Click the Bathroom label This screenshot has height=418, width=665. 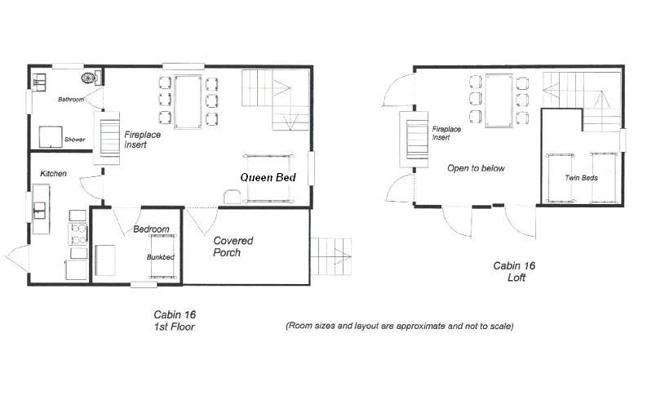71,100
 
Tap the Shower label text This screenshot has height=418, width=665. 74,139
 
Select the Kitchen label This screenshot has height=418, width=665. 53,173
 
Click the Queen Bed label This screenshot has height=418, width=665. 268,177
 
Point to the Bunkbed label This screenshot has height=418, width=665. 160,256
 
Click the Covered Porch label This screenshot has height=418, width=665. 233,247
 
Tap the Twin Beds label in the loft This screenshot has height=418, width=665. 581,177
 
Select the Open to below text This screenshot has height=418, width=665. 476,168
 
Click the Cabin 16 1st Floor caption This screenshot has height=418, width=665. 175,320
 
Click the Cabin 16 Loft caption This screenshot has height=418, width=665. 514,272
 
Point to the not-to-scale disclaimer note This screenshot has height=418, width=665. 400,326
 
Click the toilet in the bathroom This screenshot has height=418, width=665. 91,78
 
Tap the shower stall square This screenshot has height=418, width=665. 51,136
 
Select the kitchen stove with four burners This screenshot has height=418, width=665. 78,233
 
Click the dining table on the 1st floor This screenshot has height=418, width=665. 188,101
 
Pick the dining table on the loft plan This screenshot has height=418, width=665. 499,100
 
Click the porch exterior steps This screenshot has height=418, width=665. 331,256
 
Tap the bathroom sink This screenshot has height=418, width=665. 39,82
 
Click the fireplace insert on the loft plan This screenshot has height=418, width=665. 413,140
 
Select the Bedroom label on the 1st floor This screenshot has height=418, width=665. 151,229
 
